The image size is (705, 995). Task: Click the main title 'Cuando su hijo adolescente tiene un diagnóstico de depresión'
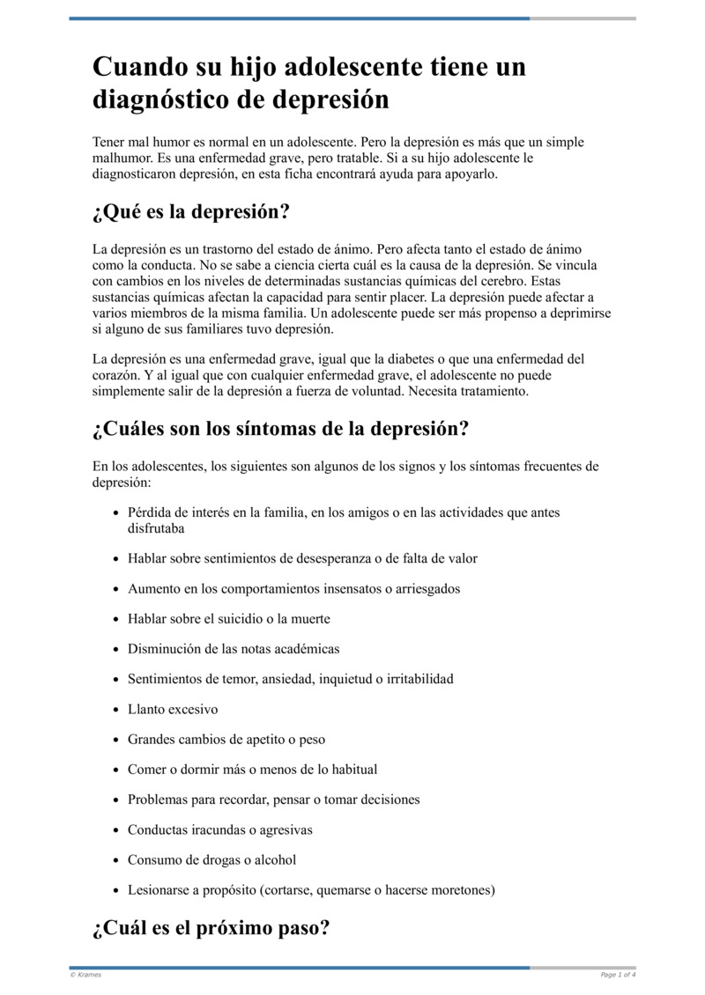click(308, 84)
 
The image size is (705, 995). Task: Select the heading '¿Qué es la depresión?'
click(190, 213)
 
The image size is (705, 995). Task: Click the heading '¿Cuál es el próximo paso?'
click(211, 928)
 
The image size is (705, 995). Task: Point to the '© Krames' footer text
click(85, 975)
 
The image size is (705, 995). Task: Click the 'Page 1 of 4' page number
click(618, 975)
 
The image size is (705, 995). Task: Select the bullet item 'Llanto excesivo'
click(173, 710)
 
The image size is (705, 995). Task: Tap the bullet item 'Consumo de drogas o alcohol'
click(211, 859)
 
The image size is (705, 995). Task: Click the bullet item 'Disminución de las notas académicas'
click(234, 649)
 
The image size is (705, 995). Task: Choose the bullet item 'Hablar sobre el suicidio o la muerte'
click(229, 619)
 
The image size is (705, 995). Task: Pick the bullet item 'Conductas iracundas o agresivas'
click(219, 829)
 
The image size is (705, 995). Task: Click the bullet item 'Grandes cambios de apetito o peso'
click(226, 740)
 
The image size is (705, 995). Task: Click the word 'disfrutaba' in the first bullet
click(156, 528)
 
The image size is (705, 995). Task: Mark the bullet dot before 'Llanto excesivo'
click(116, 710)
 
